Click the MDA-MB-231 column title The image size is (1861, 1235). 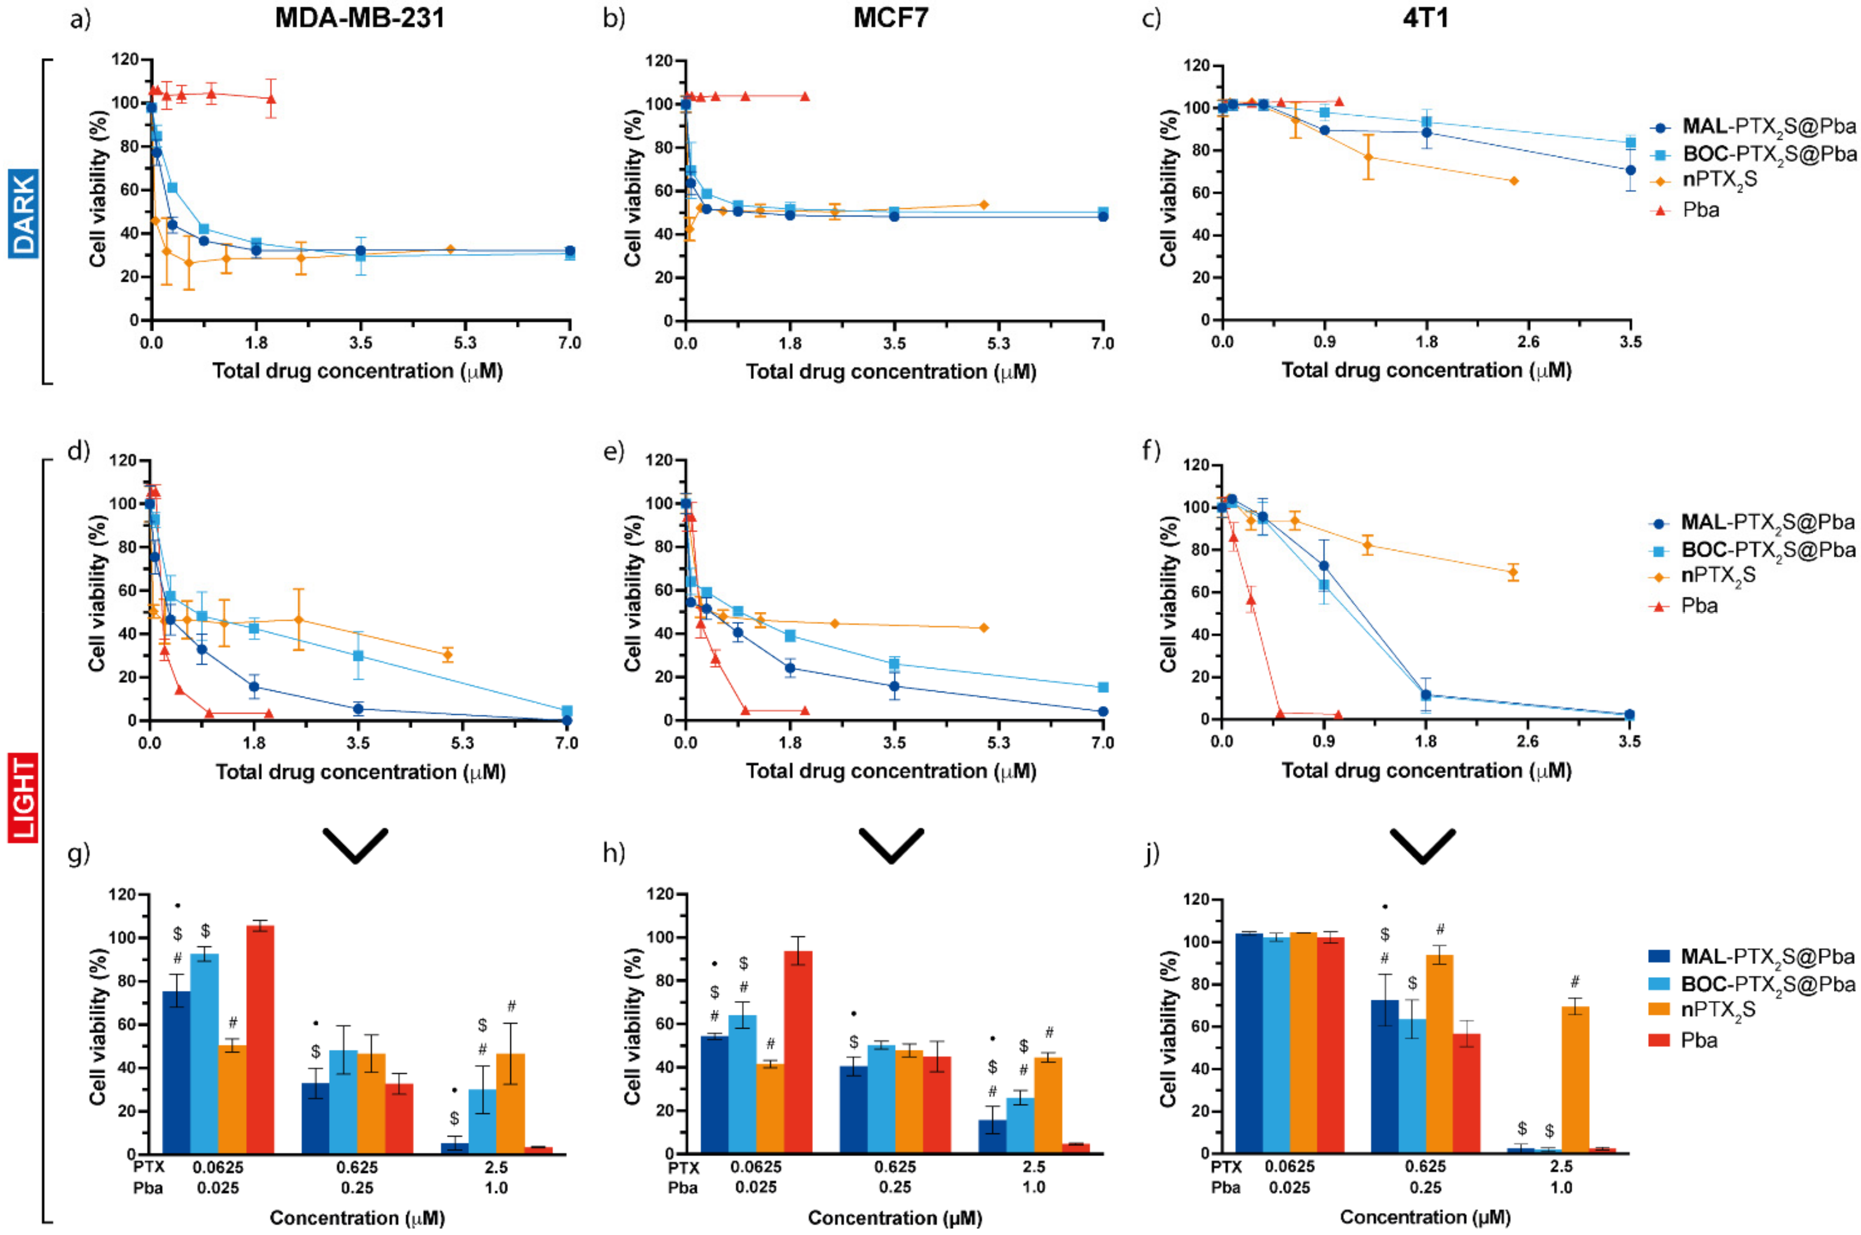(359, 18)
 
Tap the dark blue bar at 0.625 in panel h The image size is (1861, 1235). (853, 1109)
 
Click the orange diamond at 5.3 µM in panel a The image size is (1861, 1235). (450, 249)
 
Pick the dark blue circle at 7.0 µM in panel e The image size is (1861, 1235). (1103, 711)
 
